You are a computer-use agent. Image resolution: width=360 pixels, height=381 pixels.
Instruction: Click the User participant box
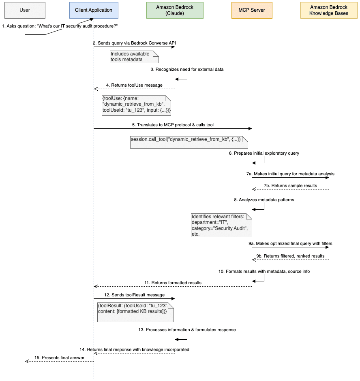[25, 10]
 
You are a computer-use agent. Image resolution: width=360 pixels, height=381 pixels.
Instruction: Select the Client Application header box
[94, 10]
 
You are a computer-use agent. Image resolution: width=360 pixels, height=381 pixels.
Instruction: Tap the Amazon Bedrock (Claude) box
[175, 10]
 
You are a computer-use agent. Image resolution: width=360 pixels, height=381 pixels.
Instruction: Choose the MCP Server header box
[252, 10]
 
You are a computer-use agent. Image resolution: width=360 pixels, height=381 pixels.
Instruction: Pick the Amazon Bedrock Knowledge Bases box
[329, 10]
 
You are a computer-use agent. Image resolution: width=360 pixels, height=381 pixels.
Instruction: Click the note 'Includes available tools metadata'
[134, 57]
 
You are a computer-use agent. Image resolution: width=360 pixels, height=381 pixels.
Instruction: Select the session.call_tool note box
[189, 142]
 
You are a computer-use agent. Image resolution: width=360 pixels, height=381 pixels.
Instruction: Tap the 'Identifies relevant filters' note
[221, 225]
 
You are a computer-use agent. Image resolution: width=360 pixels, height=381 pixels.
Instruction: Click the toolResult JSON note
[135, 311]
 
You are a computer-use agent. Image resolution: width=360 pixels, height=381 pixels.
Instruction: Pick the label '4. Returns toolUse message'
[134, 85]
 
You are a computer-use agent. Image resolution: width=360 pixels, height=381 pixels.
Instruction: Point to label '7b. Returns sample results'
[289, 185]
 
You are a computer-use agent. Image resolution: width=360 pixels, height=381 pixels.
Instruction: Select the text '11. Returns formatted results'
[173, 283]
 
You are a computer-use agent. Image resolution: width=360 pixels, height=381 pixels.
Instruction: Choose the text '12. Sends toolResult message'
[135, 295]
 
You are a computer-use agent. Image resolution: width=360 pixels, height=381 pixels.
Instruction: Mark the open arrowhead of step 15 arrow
[27, 362]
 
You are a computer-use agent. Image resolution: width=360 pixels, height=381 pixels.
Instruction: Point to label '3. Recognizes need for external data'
[187, 69]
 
